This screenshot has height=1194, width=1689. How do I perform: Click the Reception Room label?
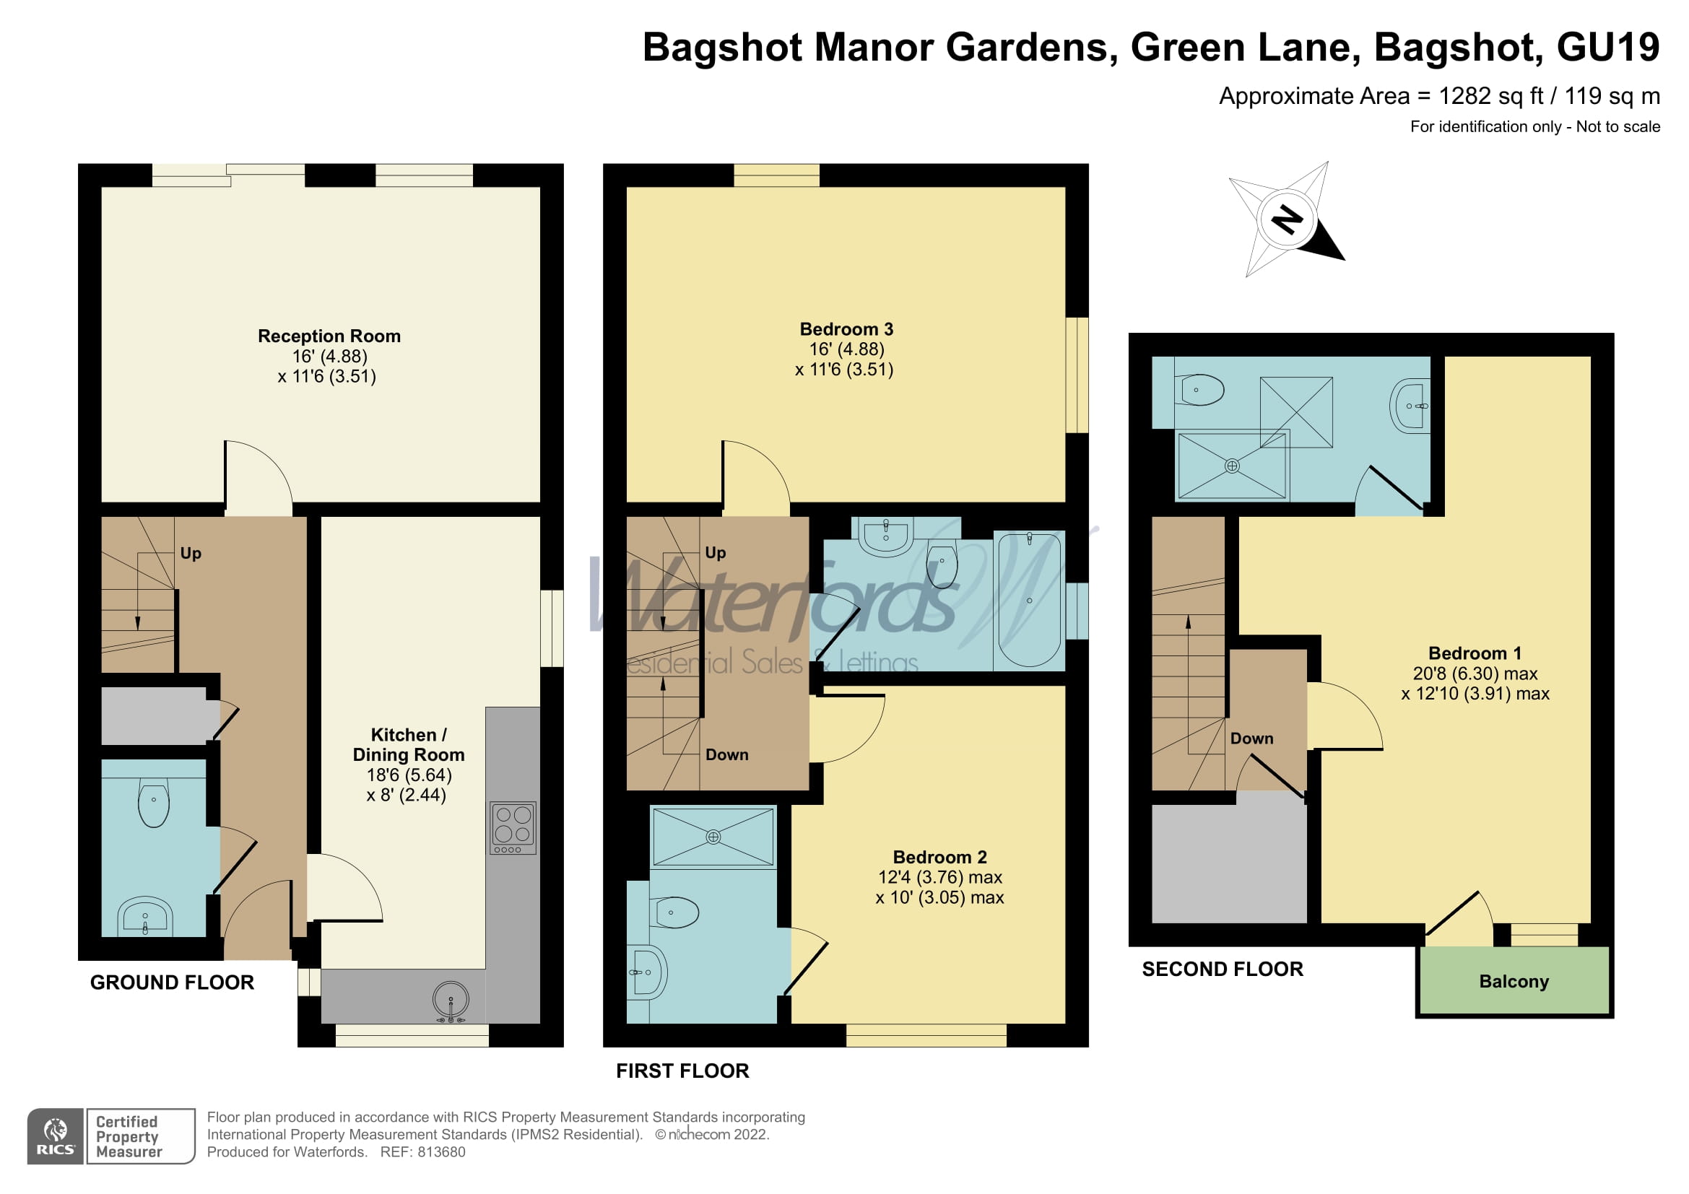329,336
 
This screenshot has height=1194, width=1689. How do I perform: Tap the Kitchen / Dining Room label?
408,745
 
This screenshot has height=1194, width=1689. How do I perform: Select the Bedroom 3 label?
846,329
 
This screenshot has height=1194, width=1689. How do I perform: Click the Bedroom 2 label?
939,858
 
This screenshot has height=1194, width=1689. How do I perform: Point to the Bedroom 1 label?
1475,653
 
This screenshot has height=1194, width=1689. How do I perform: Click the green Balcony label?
1514,982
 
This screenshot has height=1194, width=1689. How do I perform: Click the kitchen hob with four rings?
513,827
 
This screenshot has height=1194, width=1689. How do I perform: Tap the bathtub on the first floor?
1028,600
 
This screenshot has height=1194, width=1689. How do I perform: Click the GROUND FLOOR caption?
171,983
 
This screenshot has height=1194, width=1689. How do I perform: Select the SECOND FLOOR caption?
1222,969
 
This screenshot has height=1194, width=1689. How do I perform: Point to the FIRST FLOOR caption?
682,1071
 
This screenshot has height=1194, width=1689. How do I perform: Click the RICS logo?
55,1137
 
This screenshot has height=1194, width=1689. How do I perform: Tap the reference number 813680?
440,1152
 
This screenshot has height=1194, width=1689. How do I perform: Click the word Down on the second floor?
1251,739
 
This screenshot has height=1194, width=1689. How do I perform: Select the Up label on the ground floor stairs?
191,554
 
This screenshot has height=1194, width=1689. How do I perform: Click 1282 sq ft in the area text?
1490,96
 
